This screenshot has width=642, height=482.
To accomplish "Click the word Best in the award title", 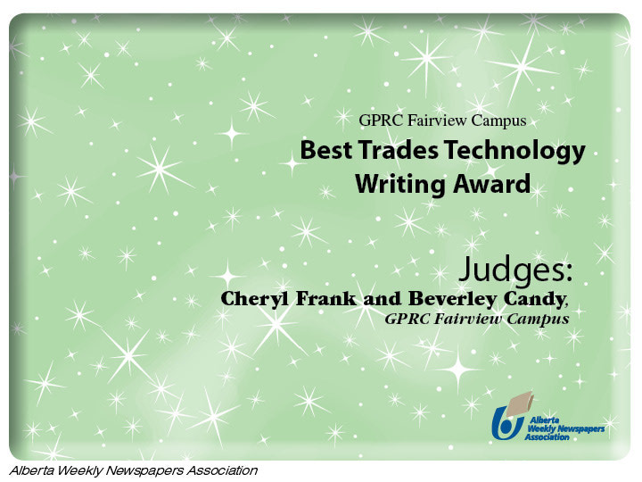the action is pyautogui.click(x=326, y=150).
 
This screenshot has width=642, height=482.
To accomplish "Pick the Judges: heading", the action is pyautogui.click(x=515, y=270).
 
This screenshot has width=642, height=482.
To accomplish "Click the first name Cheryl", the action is pyautogui.click(x=255, y=300).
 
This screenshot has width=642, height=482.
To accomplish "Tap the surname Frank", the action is pyautogui.click(x=326, y=299).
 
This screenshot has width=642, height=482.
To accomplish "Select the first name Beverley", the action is pyautogui.click(x=453, y=300).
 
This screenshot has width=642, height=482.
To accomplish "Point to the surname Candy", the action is pyautogui.click(x=535, y=300).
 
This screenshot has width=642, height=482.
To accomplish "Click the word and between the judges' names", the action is pyautogui.click(x=382, y=299).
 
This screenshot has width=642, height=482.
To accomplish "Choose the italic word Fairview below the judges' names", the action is pyautogui.click(x=467, y=319).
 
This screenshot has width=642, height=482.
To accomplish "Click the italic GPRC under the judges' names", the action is pyautogui.click(x=407, y=319).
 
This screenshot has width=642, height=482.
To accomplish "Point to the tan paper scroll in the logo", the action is pyautogui.click(x=521, y=403).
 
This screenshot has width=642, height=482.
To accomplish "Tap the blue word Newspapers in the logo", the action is pyautogui.click(x=581, y=428).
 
